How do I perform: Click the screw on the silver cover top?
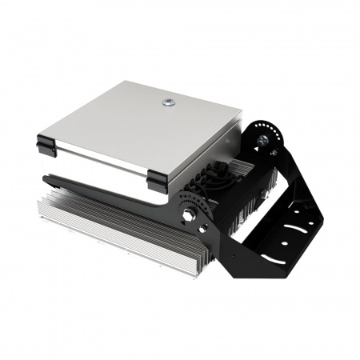coord(169,102)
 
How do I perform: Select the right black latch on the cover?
coord(156,182)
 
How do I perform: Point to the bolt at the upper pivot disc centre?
coord(261,142)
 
